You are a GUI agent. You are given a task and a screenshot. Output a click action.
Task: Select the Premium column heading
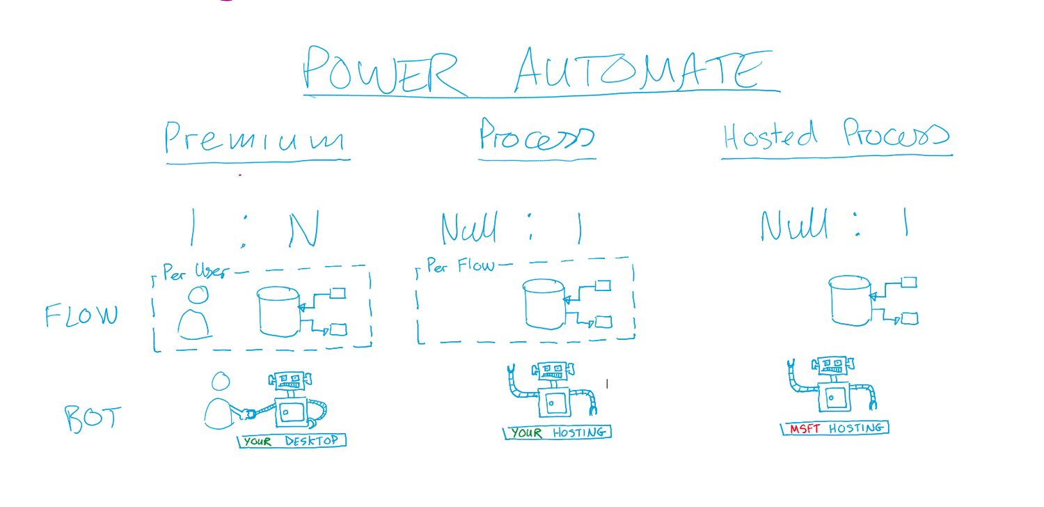pyautogui.click(x=255, y=139)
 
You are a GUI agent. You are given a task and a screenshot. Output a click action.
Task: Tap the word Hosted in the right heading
pyautogui.click(x=770, y=135)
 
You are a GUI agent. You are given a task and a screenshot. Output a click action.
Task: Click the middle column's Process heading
pyautogui.click(x=536, y=136)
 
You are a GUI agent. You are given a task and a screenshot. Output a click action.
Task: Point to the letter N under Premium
pyautogui.click(x=304, y=229)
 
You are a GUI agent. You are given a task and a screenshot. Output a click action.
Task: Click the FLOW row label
pyautogui.click(x=81, y=316)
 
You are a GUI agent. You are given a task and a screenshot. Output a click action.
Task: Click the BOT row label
pyautogui.click(x=93, y=419)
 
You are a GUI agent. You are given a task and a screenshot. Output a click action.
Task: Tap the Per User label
pyautogui.click(x=195, y=272)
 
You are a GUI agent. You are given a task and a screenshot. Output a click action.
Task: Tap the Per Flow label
pyautogui.click(x=460, y=266)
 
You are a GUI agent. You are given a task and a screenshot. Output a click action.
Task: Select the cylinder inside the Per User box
pyautogui.click(x=278, y=312)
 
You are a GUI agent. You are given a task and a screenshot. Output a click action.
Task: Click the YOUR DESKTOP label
pyautogui.click(x=292, y=441)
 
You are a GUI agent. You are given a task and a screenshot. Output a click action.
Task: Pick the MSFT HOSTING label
pyautogui.click(x=835, y=428)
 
